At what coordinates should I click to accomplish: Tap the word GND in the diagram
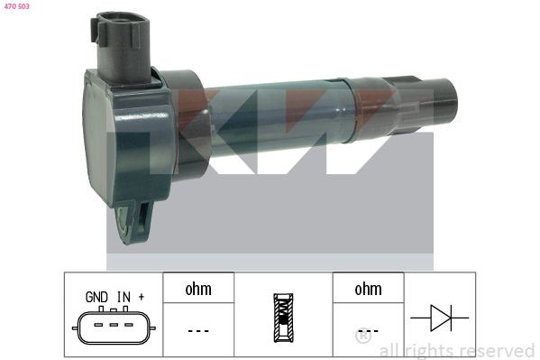96,296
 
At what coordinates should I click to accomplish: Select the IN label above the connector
124,296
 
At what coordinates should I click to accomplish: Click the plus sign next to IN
142,296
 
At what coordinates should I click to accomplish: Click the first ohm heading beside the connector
198,289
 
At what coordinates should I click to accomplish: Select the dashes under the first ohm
198,330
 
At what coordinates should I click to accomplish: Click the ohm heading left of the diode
368,289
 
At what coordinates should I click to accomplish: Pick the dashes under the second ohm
368,330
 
